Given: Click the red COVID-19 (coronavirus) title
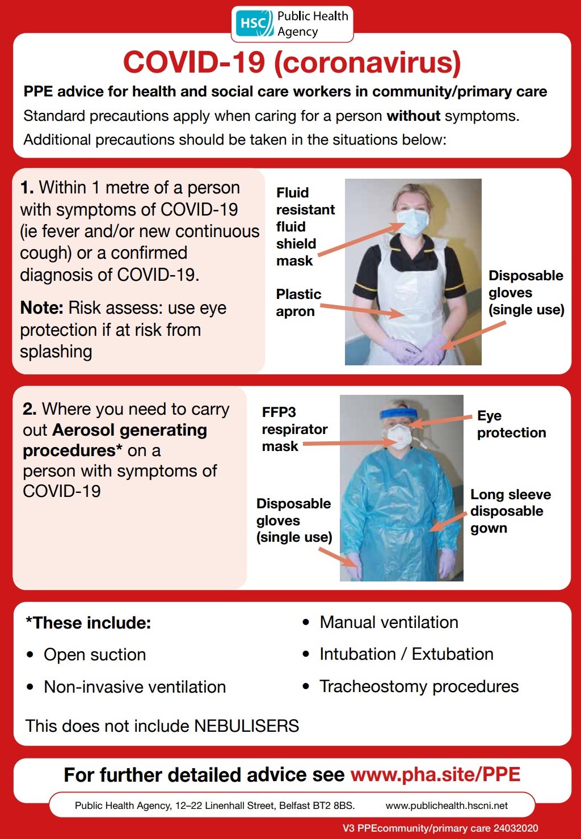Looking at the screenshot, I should point(292,62).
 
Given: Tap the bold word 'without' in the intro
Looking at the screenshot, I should point(413,116).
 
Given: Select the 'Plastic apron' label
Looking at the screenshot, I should point(298,303).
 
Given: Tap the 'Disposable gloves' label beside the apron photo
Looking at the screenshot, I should point(525,293).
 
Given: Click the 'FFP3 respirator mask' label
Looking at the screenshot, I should point(294,429).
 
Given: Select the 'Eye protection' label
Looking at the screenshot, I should point(511,424).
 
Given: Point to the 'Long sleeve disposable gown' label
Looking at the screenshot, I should point(510,511).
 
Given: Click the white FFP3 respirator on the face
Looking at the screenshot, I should point(399,437).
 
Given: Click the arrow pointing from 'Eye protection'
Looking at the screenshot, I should point(440,420).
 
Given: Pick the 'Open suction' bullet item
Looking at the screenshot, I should point(95,655).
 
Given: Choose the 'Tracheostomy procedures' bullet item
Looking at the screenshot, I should point(419,686).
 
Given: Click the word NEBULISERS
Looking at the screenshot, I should point(246,726).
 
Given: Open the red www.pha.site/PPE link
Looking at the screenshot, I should point(435,775).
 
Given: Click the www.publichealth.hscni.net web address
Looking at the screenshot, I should point(447,806).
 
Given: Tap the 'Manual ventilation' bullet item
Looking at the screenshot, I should point(389,622).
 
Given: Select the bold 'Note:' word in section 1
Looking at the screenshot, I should point(41,308).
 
